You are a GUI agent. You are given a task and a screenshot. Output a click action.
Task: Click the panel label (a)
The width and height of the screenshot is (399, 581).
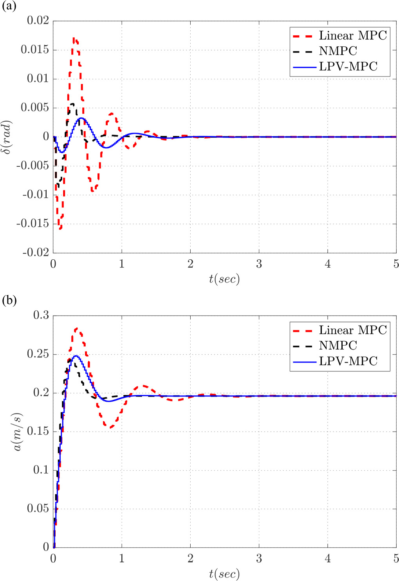click(x=9, y=7)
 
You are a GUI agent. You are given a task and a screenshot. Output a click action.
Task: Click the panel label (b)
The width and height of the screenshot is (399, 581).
click(x=9, y=301)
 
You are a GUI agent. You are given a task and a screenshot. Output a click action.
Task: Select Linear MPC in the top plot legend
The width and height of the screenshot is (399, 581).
click(x=352, y=36)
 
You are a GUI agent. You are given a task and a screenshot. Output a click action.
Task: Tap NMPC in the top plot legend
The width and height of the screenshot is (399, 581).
click(x=338, y=51)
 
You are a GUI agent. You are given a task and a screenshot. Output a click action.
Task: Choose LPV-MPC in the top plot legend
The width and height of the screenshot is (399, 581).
click(x=348, y=66)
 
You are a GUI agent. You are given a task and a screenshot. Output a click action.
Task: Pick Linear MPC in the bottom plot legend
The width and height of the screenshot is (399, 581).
click(x=352, y=330)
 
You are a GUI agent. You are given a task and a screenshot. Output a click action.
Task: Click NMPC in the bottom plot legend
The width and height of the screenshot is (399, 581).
click(x=338, y=346)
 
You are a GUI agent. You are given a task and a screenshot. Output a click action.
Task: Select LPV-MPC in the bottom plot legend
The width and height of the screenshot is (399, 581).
click(x=348, y=361)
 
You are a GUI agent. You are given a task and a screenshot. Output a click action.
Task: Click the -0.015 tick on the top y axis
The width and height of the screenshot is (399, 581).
click(x=33, y=224)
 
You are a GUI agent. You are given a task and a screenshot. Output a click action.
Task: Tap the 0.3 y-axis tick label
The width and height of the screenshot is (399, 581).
click(x=41, y=315)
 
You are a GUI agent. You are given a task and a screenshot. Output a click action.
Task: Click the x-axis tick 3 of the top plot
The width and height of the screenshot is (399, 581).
click(x=259, y=264)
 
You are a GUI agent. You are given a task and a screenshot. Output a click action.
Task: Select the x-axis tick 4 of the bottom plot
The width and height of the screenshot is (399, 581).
click(x=328, y=558)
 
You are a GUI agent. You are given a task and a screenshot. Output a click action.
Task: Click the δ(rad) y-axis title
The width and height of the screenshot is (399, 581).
click(x=8, y=137)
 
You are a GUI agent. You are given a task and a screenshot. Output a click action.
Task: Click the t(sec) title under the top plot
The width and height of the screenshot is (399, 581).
click(x=224, y=279)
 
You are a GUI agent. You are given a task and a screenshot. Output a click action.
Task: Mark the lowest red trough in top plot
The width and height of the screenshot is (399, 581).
click(x=60, y=228)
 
